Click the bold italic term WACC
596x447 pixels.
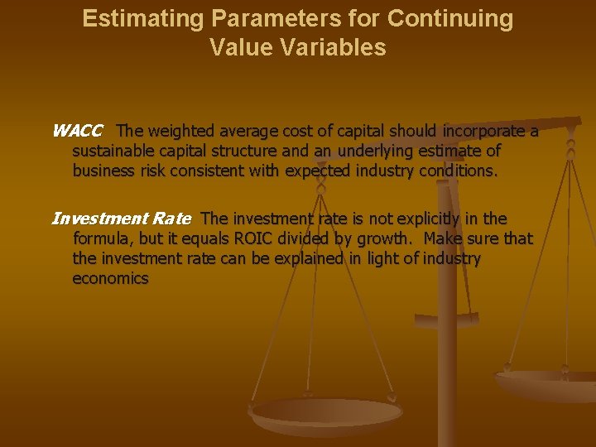pos(77,131)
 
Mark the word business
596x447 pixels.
pos(103,171)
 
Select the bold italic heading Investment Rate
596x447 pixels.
pos(121,219)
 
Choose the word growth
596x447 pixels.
pos(382,238)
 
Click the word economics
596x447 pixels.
pos(110,278)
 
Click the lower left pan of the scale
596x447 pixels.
pos(326,414)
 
